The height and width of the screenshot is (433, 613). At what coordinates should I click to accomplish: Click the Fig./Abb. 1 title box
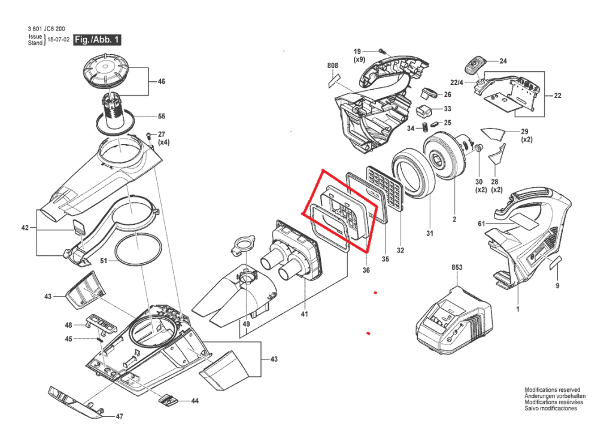tap(98, 40)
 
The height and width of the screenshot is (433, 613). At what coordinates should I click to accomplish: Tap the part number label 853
tap(457, 267)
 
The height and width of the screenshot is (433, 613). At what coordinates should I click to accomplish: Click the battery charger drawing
tap(454, 318)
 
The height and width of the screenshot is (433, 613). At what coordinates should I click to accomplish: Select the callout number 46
tap(162, 81)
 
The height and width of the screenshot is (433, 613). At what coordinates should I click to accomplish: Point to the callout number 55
tap(162, 117)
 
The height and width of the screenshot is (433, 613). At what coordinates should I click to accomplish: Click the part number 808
tap(333, 66)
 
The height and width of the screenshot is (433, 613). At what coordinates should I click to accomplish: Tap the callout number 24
tap(503, 61)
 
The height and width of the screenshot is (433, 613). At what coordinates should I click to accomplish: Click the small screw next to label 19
tap(381, 51)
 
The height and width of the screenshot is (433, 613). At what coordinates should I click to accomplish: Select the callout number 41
tap(305, 314)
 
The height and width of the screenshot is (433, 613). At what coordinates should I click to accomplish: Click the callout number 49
tap(246, 324)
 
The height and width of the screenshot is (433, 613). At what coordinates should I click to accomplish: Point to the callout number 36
tap(366, 270)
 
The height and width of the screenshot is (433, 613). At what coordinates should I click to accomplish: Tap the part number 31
tap(430, 233)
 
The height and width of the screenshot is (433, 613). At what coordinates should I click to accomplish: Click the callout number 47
tap(120, 417)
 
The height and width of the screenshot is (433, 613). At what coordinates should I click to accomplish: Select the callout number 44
tap(195, 401)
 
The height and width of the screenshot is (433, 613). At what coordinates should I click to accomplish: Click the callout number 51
tap(104, 261)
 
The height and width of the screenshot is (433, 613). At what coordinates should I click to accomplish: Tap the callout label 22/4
tap(457, 83)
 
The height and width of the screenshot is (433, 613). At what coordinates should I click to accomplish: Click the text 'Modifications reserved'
tap(553, 390)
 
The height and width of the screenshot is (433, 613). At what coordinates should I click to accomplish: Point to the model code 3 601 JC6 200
tap(47, 29)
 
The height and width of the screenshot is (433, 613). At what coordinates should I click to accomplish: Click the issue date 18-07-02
tap(59, 40)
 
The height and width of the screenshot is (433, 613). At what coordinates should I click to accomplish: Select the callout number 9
tap(557, 286)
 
